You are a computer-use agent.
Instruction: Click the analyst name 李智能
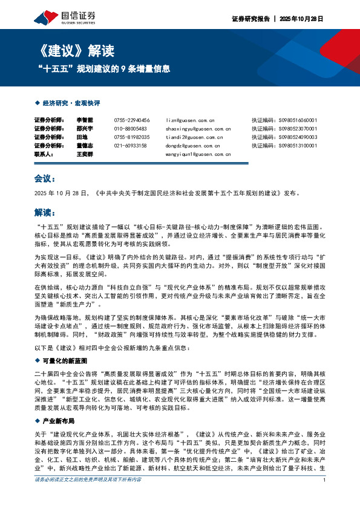tap(85, 120)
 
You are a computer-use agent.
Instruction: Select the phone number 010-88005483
tap(130, 129)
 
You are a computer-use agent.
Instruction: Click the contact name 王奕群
tap(85, 155)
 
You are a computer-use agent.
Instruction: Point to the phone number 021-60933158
tap(130, 146)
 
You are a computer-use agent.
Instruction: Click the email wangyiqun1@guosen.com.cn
tap(198, 155)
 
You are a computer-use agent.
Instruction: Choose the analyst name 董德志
tap(85, 146)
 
